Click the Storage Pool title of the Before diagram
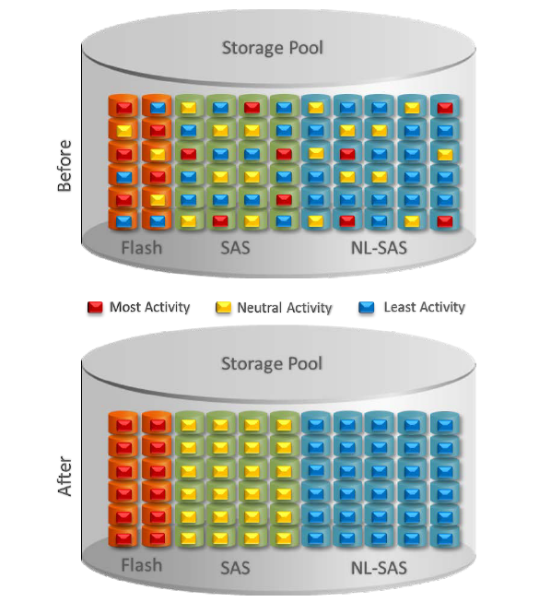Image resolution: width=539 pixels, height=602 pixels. [x=273, y=48]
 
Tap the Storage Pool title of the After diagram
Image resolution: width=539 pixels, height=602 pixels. [x=272, y=364]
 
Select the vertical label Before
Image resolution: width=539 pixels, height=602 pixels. [x=64, y=165]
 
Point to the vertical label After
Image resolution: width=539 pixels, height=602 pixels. [x=64, y=476]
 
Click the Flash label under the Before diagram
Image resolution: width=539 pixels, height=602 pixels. [x=142, y=248]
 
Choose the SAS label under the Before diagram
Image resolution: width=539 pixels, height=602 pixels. [x=235, y=248]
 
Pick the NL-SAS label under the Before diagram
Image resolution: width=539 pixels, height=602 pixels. [x=379, y=248]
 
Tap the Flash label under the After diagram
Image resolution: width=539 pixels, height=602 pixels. [x=142, y=565]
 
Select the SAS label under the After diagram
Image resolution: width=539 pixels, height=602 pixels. [x=235, y=568]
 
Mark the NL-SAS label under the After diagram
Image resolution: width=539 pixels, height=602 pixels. [x=379, y=568]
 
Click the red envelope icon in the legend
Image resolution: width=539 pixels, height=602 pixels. [x=95, y=308]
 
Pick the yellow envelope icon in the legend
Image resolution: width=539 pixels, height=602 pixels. [x=223, y=308]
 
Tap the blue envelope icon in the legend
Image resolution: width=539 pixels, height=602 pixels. [x=367, y=308]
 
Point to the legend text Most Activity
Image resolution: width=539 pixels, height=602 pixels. [x=149, y=307]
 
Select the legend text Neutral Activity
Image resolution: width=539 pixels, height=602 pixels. [x=285, y=308]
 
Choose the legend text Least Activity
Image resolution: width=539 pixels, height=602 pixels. [x=425, y=307]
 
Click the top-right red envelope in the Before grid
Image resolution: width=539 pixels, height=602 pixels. [x=445, y=108]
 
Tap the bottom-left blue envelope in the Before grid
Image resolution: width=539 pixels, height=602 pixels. [x=123, y=221]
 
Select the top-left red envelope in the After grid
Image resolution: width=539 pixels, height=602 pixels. [x=123, y=425]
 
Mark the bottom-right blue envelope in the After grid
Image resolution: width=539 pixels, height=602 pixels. [x=445, y=537]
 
